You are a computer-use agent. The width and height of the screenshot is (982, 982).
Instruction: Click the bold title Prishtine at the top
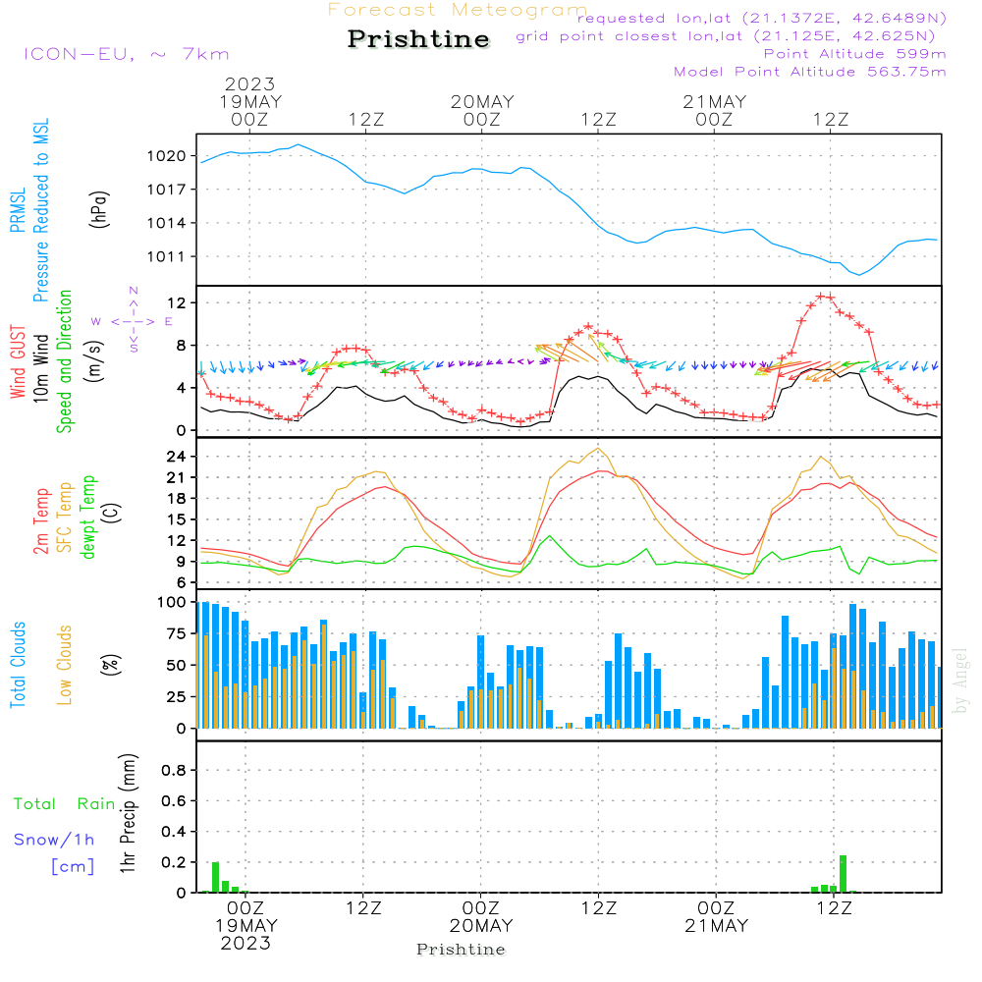[418, 39]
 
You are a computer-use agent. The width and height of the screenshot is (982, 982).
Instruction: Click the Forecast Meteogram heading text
[457, 10]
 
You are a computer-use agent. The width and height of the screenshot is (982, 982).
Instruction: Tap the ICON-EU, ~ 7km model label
[126, 54]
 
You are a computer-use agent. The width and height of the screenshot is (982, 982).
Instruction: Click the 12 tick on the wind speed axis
[177, 302]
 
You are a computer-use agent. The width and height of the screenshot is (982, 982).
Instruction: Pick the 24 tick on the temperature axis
[177, 457]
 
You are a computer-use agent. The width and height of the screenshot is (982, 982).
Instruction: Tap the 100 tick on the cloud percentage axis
[173, 601]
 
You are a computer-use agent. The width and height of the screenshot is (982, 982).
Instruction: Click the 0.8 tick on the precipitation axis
[174, 770]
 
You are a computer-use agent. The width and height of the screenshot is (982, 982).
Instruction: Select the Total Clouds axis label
[18, 665]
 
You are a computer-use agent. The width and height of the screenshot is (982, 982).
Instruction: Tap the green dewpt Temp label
[88, 518]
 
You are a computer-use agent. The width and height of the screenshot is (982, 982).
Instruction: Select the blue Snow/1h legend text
[54, 840]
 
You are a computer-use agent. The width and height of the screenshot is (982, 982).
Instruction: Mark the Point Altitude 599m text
[854, 54]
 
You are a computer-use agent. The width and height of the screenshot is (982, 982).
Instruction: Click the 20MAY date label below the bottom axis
[482, 926]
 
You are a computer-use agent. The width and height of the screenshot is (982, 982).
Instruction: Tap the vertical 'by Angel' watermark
[960, 681]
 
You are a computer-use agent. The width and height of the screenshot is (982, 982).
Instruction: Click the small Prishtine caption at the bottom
[461, 950]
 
